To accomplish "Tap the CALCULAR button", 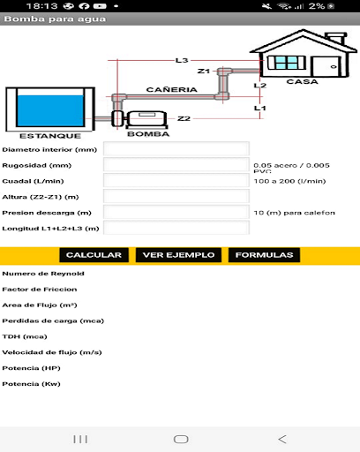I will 93,255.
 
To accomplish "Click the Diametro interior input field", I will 176,149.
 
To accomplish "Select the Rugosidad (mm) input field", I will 176,165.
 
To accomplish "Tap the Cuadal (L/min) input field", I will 176,181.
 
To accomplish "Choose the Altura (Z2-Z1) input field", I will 176,196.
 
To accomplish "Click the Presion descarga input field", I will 176,212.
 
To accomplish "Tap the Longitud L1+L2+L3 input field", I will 176,228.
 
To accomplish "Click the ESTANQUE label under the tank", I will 49,136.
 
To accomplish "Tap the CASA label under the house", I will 303,81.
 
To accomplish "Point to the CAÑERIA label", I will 165,90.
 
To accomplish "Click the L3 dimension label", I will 182,60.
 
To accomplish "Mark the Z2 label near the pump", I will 184,118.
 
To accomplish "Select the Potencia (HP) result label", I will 33,367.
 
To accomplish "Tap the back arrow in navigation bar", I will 281,439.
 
